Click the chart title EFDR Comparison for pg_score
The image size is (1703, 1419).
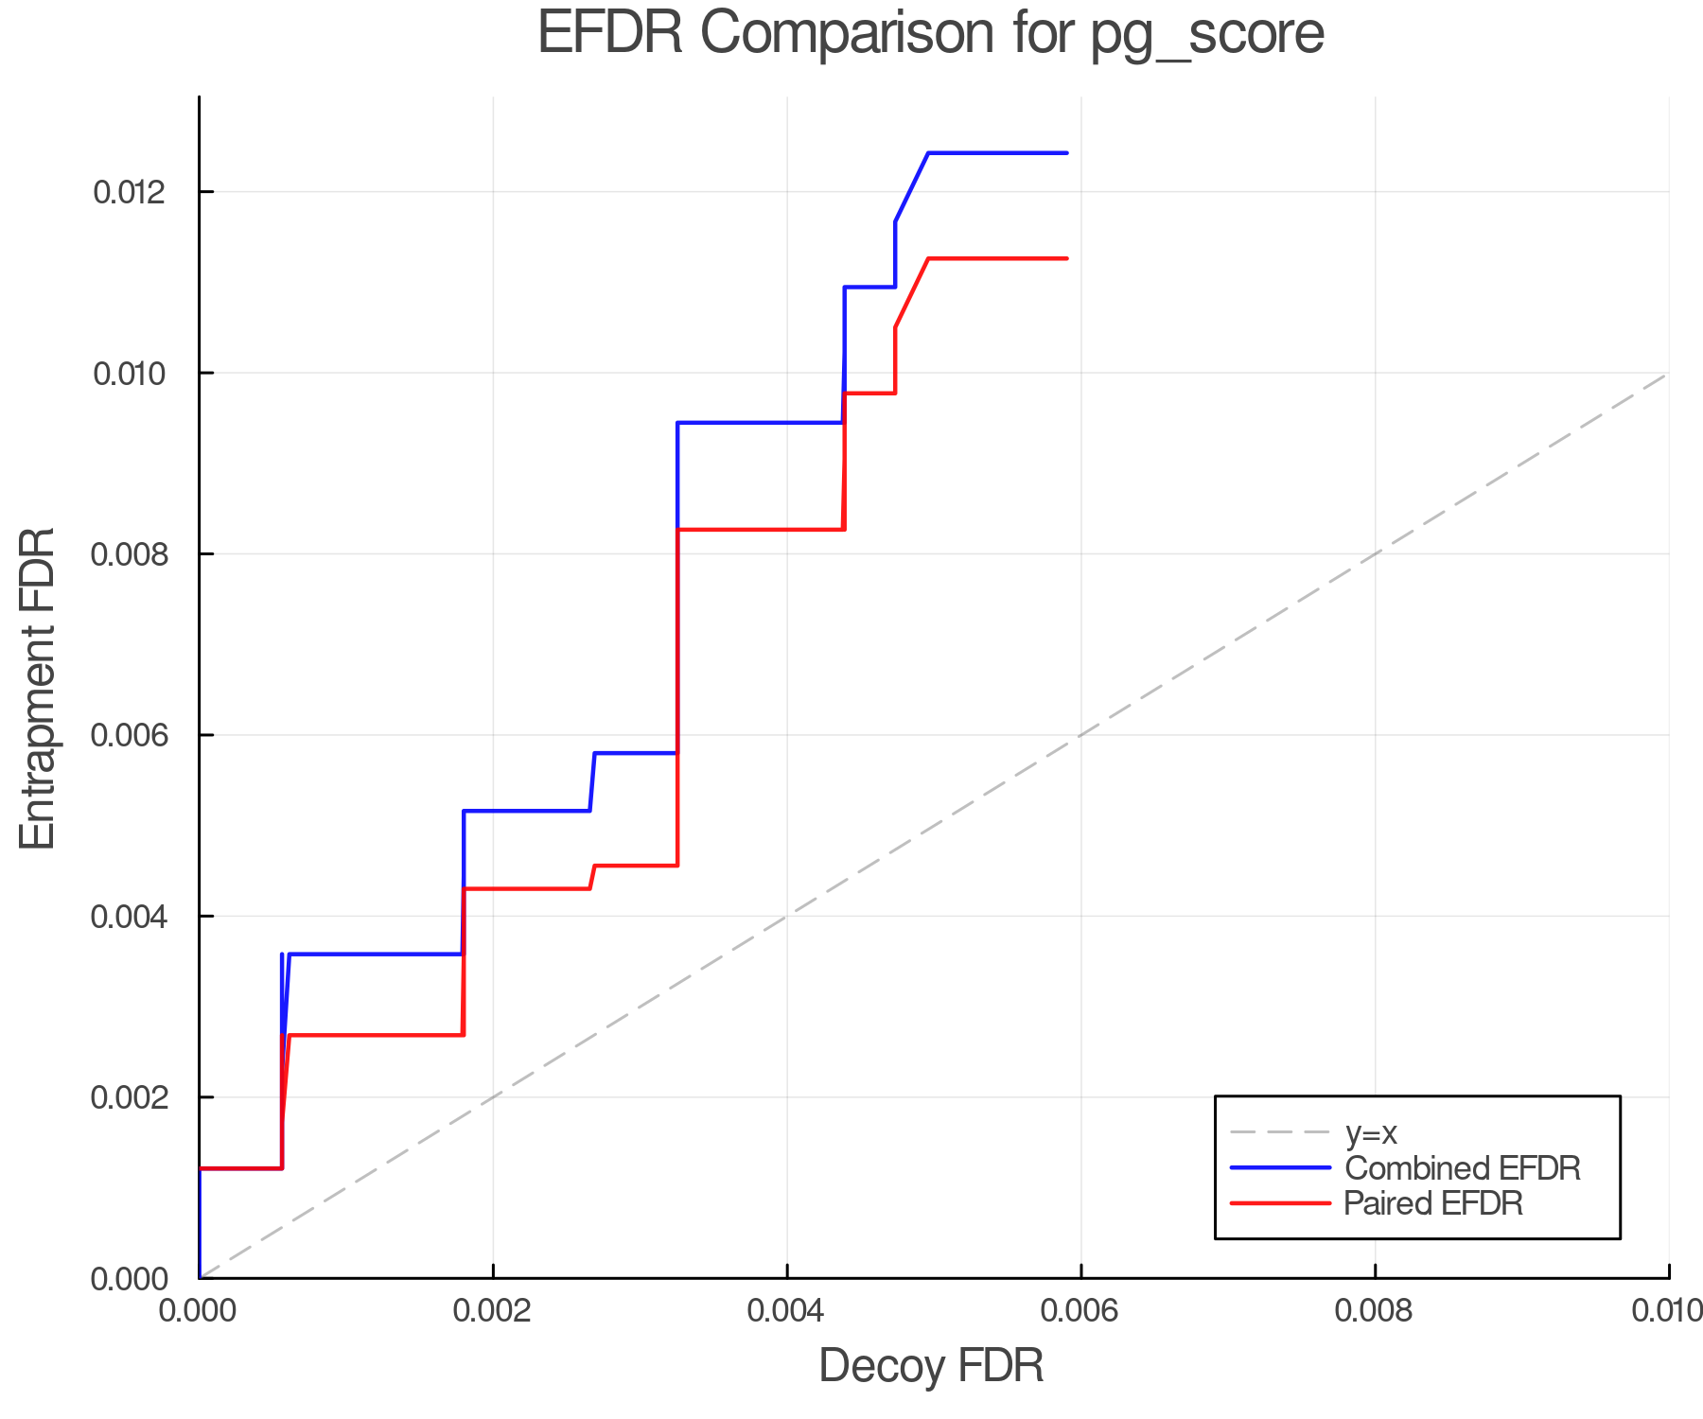click(x=931, y=34)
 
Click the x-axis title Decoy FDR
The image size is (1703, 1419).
click(x=931, y=1366)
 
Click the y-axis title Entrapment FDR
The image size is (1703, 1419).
click(x=38, y=689)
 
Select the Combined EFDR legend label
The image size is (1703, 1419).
click(x=1463, y=1168)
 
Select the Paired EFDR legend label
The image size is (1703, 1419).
click(x=1433, y=1203)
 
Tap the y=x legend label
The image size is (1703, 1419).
click(x=1371, y=1132)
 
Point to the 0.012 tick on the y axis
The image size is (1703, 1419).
click(x=129, y=192)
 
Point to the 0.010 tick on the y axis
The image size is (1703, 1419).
click(x=129, y=374)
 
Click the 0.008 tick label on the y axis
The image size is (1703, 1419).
click(x=129, y=554)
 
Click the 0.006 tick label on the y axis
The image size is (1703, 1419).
click(x=129, y=735)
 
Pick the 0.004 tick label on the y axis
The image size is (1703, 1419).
click(x=129, y=917)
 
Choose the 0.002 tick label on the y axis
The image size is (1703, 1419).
click(x=129, y=1097)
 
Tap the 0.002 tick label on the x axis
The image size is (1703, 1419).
click(x=493, y=1310)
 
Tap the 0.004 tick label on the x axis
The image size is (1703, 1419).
click(x=787, y=1310)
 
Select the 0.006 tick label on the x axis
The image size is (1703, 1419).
click(x=1080, y=1310)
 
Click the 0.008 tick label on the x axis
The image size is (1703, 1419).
click(x=1375, y=1310)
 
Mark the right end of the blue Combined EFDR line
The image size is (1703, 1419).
click(x=1066, y=153)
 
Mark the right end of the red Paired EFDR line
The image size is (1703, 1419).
click(x=1066, y=258)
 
